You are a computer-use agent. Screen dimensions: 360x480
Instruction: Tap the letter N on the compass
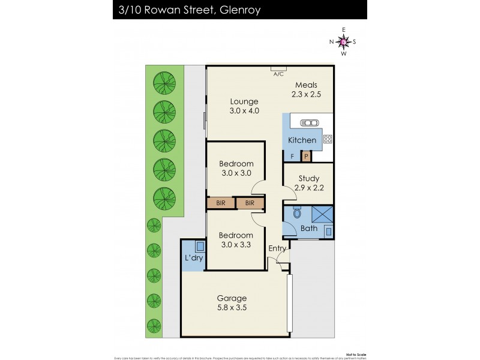click(x=331, y=41)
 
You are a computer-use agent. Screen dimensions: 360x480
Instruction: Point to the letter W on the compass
click(x=343, y=53)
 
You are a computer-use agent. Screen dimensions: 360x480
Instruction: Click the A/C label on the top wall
click(x=278, y=74)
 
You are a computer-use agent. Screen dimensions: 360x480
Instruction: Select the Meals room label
click(x=305, y=85)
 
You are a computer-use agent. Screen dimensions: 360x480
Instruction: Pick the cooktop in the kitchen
click(x=328, y=139)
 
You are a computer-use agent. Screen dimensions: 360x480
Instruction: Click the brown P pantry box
click(x=305, y=157)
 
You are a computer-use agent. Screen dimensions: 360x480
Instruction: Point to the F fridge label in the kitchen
click(x=292, y=157)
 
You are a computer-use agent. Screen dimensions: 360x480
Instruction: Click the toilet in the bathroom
click(x=296, y=214)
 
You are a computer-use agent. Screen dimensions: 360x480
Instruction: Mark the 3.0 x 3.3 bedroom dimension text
click(x=236, y=244)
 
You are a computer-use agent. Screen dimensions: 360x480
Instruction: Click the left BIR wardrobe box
click(x=221, y=203)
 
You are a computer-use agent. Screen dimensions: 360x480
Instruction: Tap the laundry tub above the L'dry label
click(x=200, y=245)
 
